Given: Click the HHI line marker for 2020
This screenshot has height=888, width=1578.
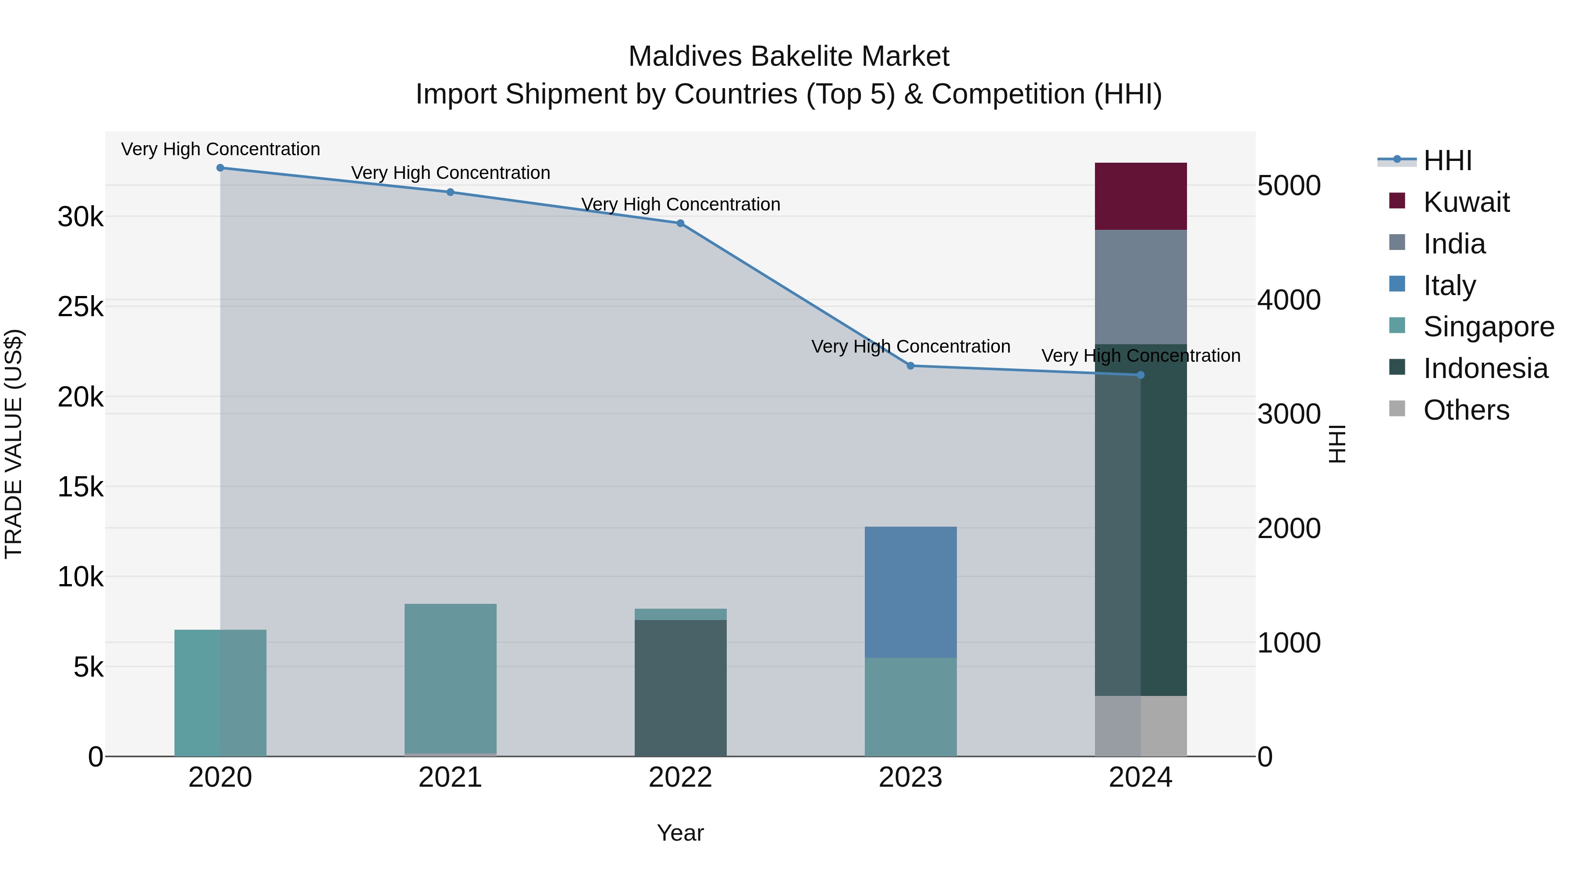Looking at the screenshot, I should point(220,168).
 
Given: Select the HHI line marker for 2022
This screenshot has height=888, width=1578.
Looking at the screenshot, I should point(680,224).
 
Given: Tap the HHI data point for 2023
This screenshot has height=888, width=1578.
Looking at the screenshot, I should point(910,366).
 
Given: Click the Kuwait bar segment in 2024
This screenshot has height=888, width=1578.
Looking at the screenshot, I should point(1141,196).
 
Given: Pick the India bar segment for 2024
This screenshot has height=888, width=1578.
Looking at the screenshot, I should point(1141,287).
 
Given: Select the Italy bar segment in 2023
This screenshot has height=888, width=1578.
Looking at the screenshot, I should point(910,592).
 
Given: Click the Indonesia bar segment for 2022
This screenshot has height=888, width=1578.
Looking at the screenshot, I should point(680,688).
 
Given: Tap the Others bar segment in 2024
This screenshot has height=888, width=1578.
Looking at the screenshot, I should point(1141,726).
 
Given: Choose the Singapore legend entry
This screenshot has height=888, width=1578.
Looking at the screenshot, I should point(1488,327).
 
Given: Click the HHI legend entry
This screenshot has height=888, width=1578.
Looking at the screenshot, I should point(1447,160).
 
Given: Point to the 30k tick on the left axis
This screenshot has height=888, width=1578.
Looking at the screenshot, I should point(80,217).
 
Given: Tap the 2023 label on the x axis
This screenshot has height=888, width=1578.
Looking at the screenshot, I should point(910,777).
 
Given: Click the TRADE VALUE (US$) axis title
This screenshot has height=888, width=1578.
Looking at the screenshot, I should point(14,444).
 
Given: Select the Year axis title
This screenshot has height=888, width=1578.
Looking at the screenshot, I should point(680,833).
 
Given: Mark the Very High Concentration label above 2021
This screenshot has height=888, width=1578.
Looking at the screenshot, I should point(450,173).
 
